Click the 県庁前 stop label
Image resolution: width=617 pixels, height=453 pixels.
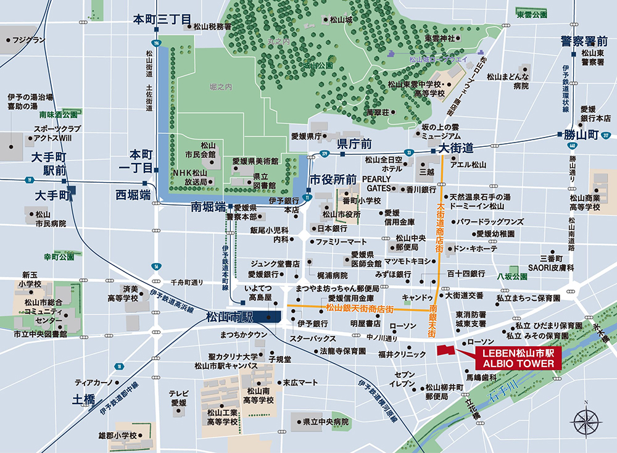tap(354, 144)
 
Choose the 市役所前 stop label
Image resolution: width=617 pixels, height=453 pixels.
tap(333, 180)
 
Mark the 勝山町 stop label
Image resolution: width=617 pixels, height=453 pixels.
tap(578, 134)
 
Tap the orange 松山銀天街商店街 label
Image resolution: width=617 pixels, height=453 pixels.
tap(360, 308)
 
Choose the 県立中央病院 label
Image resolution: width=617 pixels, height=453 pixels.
tap(325, 423)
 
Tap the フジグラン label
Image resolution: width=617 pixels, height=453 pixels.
tap(28, 40)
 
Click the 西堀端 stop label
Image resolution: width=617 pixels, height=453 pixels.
tap(133, 195)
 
